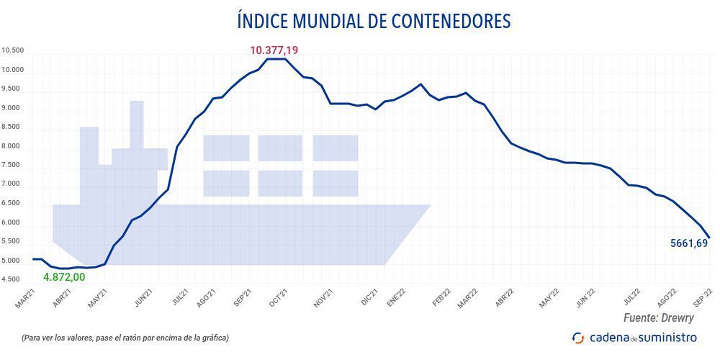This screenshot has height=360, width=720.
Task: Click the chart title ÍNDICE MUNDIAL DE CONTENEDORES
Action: (374, 21)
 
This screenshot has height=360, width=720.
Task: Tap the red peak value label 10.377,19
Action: (274, 50)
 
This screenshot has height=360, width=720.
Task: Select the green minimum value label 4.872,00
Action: (64, 277)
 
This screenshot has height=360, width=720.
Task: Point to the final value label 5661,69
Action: (689, 243)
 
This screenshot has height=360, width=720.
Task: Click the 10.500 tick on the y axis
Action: (13, 50)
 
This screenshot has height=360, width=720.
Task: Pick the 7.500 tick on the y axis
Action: (13, 166)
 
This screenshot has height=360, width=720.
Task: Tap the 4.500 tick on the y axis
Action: (13, 280)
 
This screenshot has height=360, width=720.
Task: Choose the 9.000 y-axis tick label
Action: (13, 108)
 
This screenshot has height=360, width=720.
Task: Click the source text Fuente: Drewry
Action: (660, 318)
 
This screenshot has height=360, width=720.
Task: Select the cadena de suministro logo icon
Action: (578, 338)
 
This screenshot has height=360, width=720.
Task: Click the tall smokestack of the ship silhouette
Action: (137, 124)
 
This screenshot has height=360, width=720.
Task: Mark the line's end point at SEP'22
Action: (710, 238)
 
